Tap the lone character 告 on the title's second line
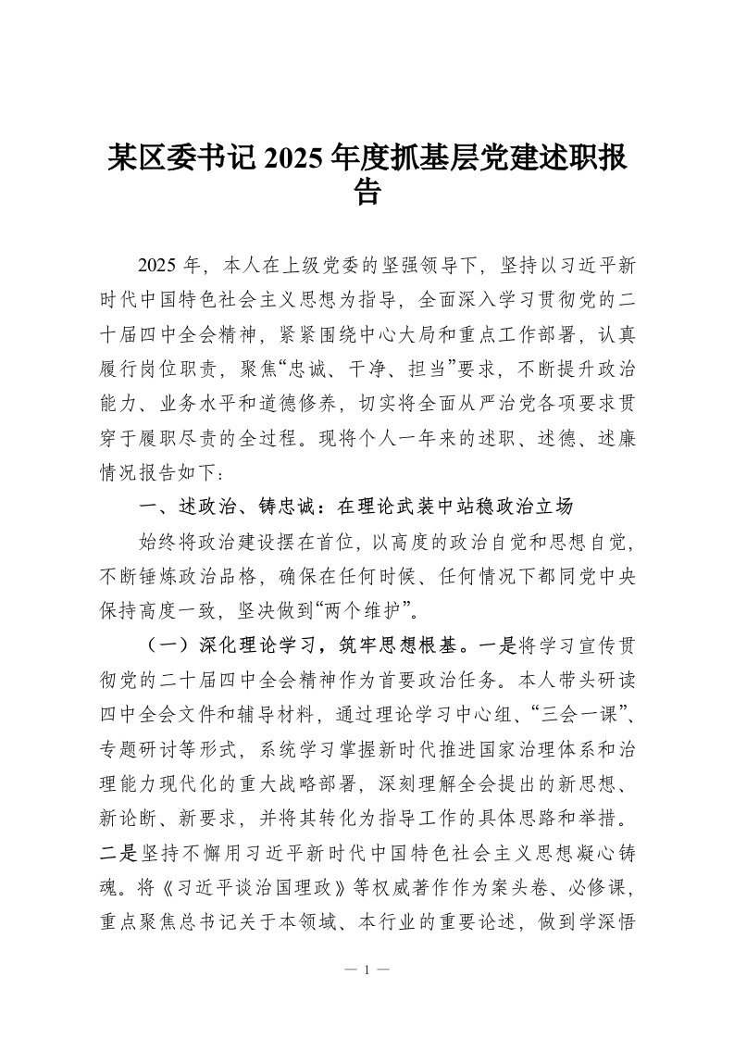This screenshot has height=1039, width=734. coord(367,192)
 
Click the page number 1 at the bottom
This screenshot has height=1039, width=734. coord(367,970)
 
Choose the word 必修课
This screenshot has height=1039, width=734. coord(601,897)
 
